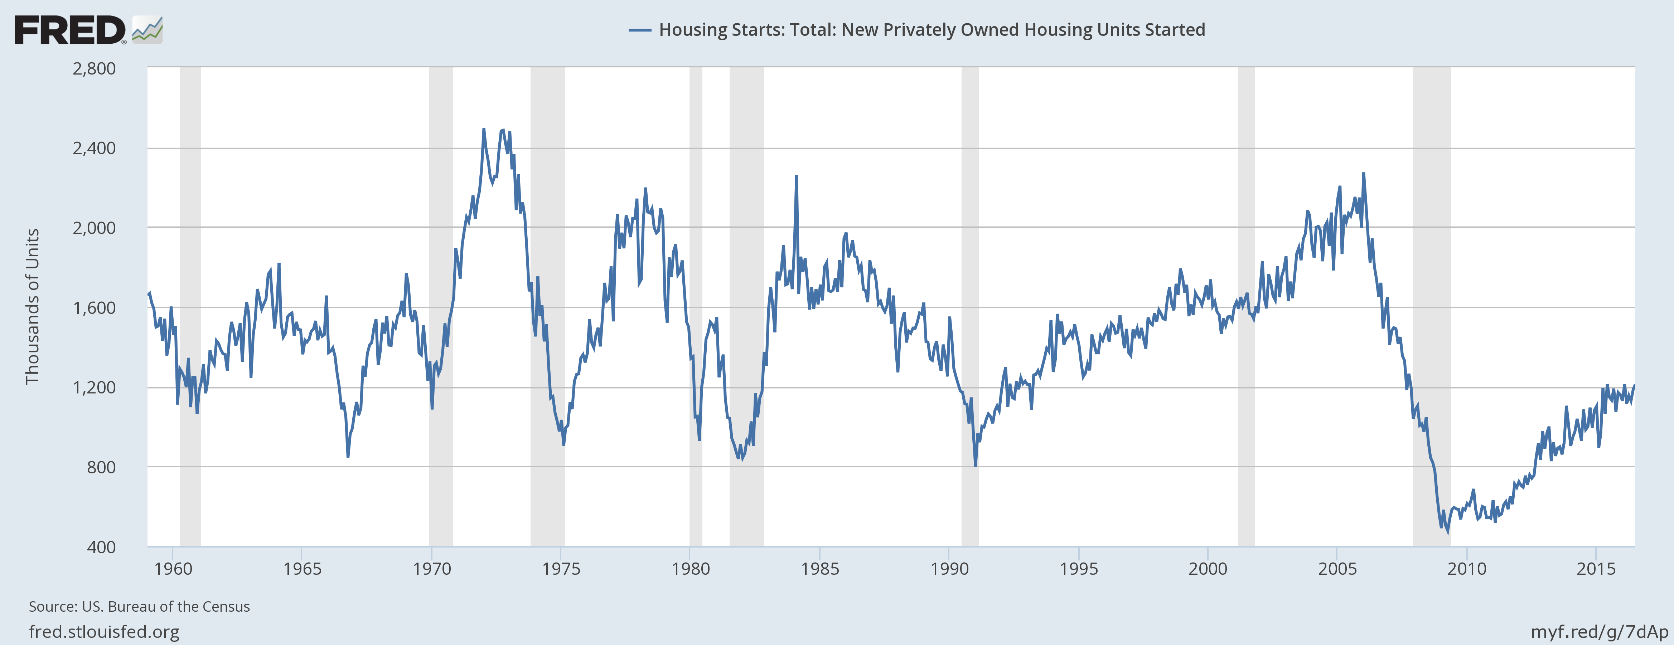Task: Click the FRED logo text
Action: coord(69,30)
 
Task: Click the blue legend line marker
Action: coord(639,30)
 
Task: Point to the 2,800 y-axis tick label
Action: coord(94,68)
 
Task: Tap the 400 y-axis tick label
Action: coord(101,547)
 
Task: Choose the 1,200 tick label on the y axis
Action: coord(94,387)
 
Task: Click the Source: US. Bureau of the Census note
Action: coord(139,607)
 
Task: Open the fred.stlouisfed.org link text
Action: coord(104,631)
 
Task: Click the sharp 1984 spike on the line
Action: coord(796,176)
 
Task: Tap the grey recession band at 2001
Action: coord(1246,306)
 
